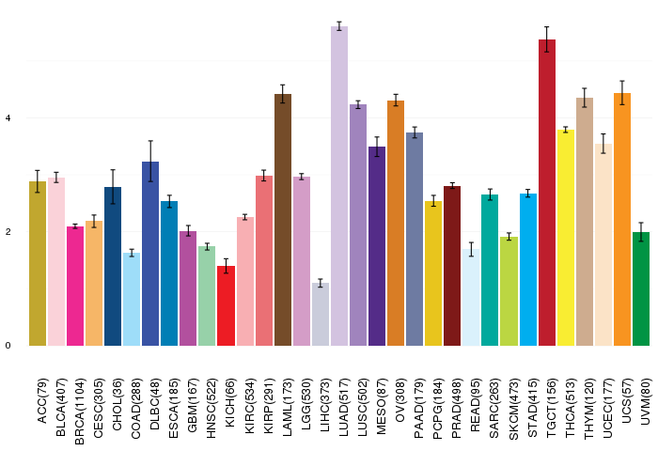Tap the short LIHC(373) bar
(x=321, y=314)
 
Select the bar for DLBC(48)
(x=150, y=254)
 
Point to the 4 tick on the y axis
(x=8, y=118)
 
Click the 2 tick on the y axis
(x=8, y=232)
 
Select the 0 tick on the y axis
(x=8, y=346)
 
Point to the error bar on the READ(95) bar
(x=471, y=249)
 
